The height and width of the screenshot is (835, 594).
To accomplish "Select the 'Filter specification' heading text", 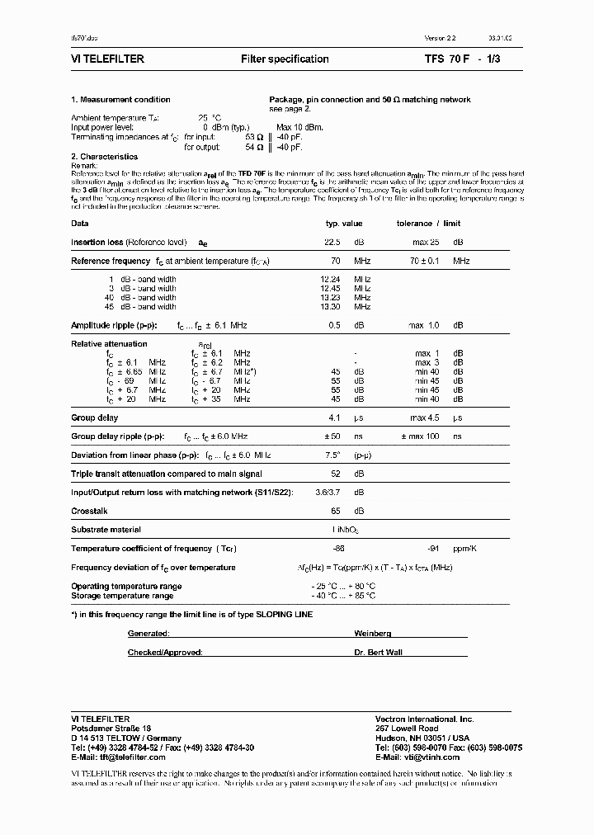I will pyautogui.click(x=285, y=59).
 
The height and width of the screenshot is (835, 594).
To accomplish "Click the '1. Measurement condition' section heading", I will pyautogui.click(x=120, y=100).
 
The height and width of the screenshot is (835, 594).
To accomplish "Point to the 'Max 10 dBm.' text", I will pyautogui.click(x=300, y=127).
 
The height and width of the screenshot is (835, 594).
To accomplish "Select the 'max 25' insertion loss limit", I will pyautogui.click(x=426, y=243).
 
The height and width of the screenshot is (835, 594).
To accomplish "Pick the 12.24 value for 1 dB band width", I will pyautogui.click(x=331, y=280).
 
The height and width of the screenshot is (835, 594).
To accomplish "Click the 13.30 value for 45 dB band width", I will pyautogui.click(x=331, y=306).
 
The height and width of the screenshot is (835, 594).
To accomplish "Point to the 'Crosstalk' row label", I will pyautogui.click(x=90, y=512).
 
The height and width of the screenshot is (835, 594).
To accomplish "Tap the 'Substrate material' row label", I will pyautogui.click(x=106, y=530).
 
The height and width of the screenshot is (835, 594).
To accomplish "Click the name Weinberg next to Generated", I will pyautogui.click(x=372, y=633).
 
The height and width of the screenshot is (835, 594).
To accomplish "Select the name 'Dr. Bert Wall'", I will pyautogui.click(x=378, y=652).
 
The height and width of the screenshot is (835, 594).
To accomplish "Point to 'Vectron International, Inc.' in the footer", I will pyautogui.click(x=424, y=719).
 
